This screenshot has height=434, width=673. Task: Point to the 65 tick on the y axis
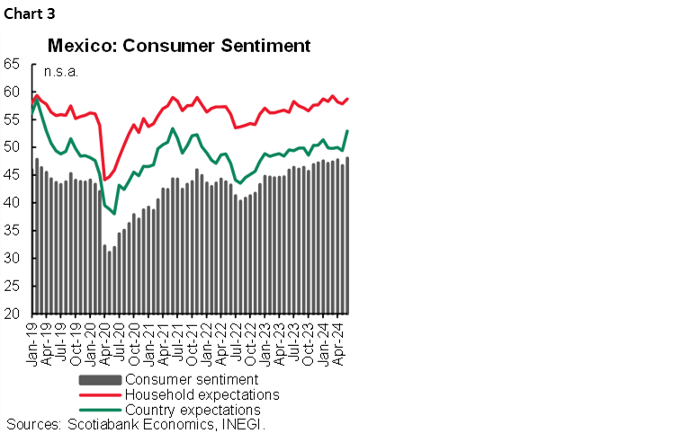(13, 64)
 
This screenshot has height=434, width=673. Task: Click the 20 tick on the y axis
(13, 314)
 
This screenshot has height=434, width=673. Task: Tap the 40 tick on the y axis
(13, 203)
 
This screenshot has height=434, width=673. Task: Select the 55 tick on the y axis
(13, 120)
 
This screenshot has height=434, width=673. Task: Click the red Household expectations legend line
(99, 394)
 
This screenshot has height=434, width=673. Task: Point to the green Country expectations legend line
(99, 409)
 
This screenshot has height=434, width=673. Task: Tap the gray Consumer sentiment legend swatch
(99, 380)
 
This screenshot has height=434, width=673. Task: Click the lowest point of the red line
(104, 180)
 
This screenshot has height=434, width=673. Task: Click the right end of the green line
(347, 131)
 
